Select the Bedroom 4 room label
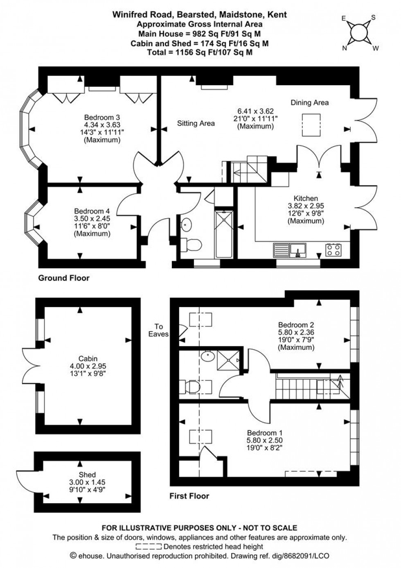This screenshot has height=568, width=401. (x=92, y=211)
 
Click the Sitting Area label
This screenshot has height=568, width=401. (x=196, y=123)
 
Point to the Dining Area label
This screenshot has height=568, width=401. (x=309, y=102)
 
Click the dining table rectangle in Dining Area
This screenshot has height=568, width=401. (x=310, y=125)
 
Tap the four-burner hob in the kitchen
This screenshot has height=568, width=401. (x=333, y=249)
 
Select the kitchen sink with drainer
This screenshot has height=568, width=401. (x=290, y=249)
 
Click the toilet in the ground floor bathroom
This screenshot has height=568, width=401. (x=191, y=245)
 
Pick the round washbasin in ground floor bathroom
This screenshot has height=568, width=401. (x=187, y=224)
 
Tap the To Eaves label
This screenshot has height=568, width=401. (x=159, y=330)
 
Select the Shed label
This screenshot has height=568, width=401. (x=87, y=475)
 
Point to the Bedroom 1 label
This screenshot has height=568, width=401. (x=265, y=433)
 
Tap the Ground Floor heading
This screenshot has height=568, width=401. (x=63, y=278)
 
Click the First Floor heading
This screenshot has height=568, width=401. (x=189, y=496)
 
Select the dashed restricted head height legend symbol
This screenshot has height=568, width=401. (x=149, y=547)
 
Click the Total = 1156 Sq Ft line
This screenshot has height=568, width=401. (x=200, y=52)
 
